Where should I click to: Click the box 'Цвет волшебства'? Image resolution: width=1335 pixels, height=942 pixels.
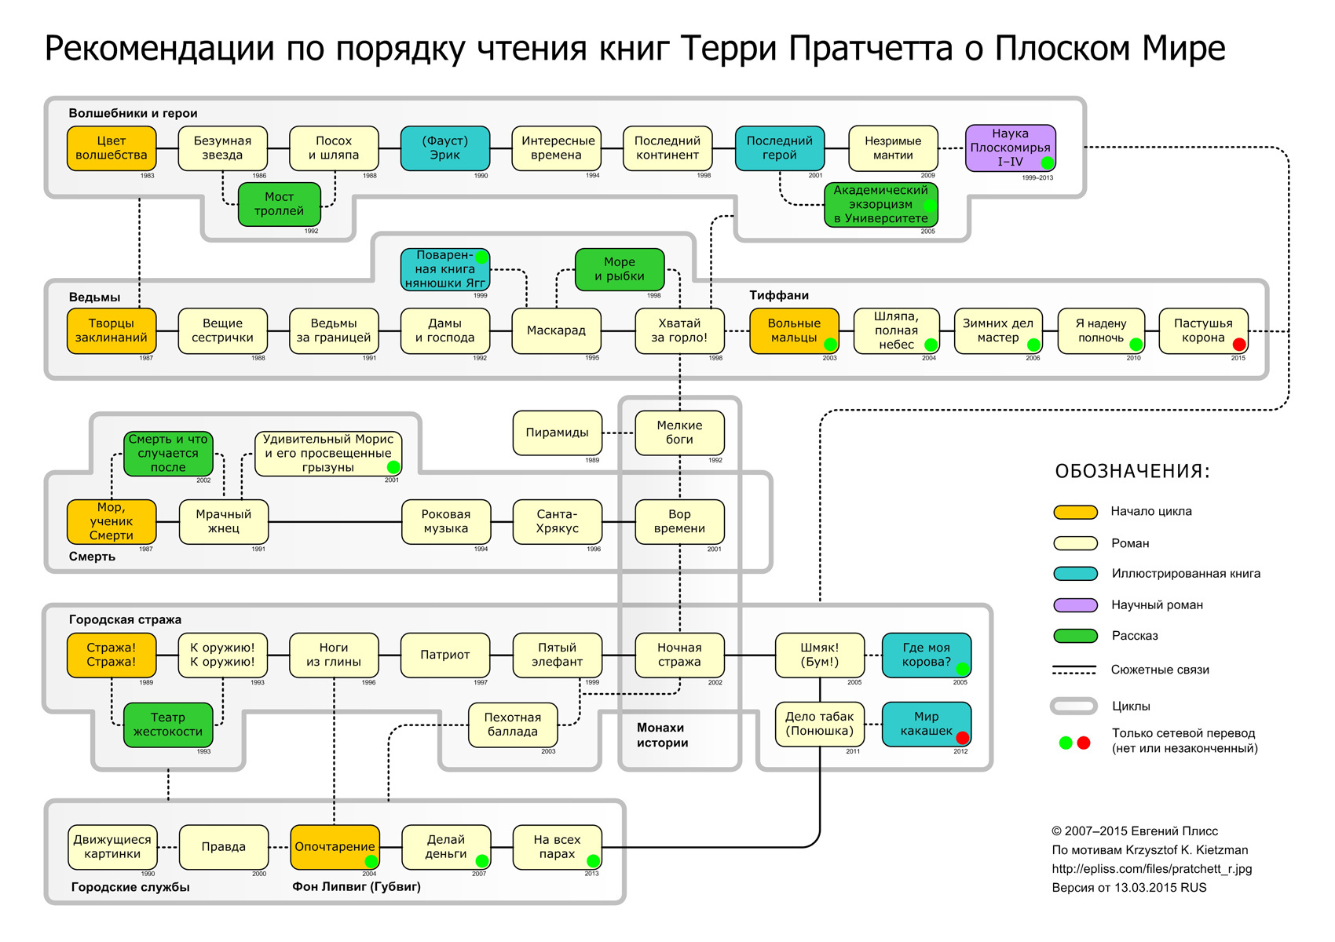tap(112, 148)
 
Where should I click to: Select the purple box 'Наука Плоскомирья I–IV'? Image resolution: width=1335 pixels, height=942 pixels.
tap(1010, 148)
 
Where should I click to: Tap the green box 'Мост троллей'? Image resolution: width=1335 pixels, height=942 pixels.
tap(279, 204)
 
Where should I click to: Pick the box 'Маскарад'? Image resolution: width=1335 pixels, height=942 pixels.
tap(556, 330)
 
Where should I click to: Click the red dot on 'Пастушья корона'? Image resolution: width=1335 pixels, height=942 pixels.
tap(1239, 344)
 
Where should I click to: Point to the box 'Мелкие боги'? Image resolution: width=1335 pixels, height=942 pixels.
tap(679, 433)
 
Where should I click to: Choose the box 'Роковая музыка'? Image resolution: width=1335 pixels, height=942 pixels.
tap(445, 521)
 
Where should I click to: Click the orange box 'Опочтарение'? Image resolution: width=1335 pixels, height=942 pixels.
tap(335, 847)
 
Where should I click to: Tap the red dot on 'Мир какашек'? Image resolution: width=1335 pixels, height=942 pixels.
tap(962, 738)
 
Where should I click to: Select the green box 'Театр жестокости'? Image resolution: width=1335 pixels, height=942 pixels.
tap(168, 725)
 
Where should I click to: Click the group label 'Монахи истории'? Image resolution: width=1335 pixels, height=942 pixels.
tap(662, 736)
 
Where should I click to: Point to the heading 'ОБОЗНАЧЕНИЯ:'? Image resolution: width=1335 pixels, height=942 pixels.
tap(1132, 471)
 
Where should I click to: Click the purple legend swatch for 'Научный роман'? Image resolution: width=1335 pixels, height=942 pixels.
tap(1075, 605)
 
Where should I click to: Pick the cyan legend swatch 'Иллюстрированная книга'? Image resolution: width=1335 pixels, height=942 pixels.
tap(1075, 574)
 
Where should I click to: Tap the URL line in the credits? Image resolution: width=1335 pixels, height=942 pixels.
tap(1151, 869)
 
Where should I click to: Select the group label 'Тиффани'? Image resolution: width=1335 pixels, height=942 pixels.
tap(778, 295)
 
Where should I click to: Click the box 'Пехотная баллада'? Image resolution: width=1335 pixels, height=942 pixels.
tap(513, 725)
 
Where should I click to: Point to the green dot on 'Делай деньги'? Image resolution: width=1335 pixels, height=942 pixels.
tap(482, 861)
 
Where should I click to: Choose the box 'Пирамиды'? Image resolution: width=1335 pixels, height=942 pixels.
tap(557, 433)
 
